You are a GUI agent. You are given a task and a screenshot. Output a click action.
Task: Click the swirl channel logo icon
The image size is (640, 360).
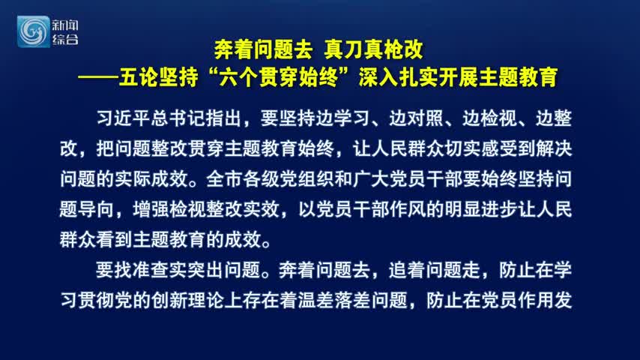tap(33, 31)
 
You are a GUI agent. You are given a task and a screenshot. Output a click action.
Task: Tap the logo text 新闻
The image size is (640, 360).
tap(65, 25)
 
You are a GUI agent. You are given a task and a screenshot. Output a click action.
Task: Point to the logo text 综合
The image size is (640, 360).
tap(65, 40)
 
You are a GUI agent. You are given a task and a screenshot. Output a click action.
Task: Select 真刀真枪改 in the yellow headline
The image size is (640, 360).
tap(373, 49)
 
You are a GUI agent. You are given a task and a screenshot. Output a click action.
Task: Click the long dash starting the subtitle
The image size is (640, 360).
tap(98, 77)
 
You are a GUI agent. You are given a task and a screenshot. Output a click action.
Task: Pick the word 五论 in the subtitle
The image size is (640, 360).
tap(139, 77)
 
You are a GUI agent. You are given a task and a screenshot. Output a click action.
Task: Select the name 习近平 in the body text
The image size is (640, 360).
tap(123, 118)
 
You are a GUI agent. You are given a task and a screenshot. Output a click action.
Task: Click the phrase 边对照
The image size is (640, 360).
tap(416, 118)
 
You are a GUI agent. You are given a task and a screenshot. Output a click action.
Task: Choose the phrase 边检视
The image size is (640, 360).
tap(489, 118)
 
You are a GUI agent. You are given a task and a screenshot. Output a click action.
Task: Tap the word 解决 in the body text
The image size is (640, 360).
tap(554, 148)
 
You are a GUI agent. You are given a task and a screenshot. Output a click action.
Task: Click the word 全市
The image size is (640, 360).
tap(224, 179)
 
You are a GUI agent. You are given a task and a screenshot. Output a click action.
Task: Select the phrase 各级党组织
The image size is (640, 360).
tap(289, 179)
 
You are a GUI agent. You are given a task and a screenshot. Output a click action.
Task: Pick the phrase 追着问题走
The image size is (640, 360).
tap(435, 270)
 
